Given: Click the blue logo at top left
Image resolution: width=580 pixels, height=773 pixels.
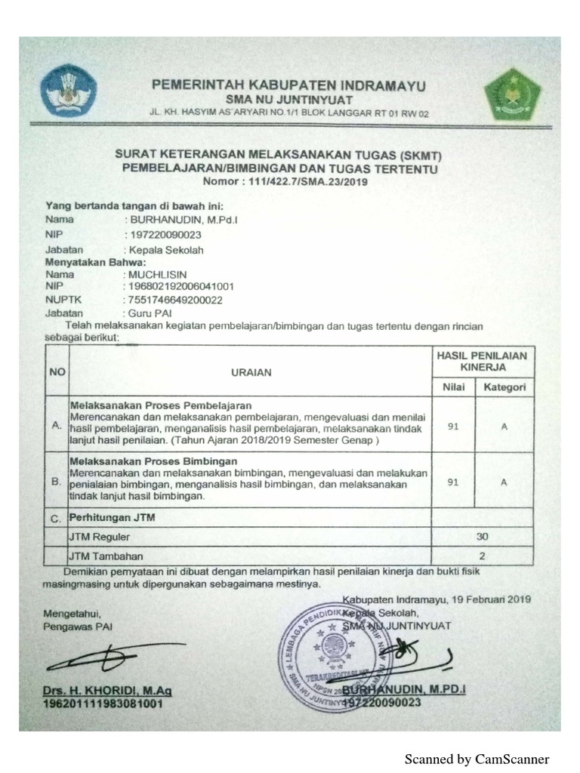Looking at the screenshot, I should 68,90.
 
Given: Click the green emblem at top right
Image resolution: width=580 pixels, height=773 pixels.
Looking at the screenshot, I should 513,94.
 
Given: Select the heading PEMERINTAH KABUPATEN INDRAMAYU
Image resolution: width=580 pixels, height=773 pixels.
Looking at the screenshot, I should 288,85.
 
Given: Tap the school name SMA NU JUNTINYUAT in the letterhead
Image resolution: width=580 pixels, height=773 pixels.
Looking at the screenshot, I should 289,99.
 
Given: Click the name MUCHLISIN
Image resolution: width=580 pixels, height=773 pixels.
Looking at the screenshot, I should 158,275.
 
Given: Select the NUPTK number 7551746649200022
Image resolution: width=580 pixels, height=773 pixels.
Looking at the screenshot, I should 176,300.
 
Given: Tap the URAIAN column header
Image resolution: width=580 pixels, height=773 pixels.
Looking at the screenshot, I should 251,371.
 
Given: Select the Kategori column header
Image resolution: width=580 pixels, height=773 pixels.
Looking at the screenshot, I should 504,387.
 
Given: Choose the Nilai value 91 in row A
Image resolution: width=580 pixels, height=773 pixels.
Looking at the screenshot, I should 453,425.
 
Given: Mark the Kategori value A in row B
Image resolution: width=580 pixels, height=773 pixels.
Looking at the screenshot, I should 504,482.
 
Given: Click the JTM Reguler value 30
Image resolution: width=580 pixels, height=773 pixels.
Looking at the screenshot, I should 483,537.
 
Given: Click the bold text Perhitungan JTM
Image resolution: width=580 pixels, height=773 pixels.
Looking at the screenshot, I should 112,518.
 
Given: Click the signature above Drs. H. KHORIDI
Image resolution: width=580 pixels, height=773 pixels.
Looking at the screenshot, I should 113,658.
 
